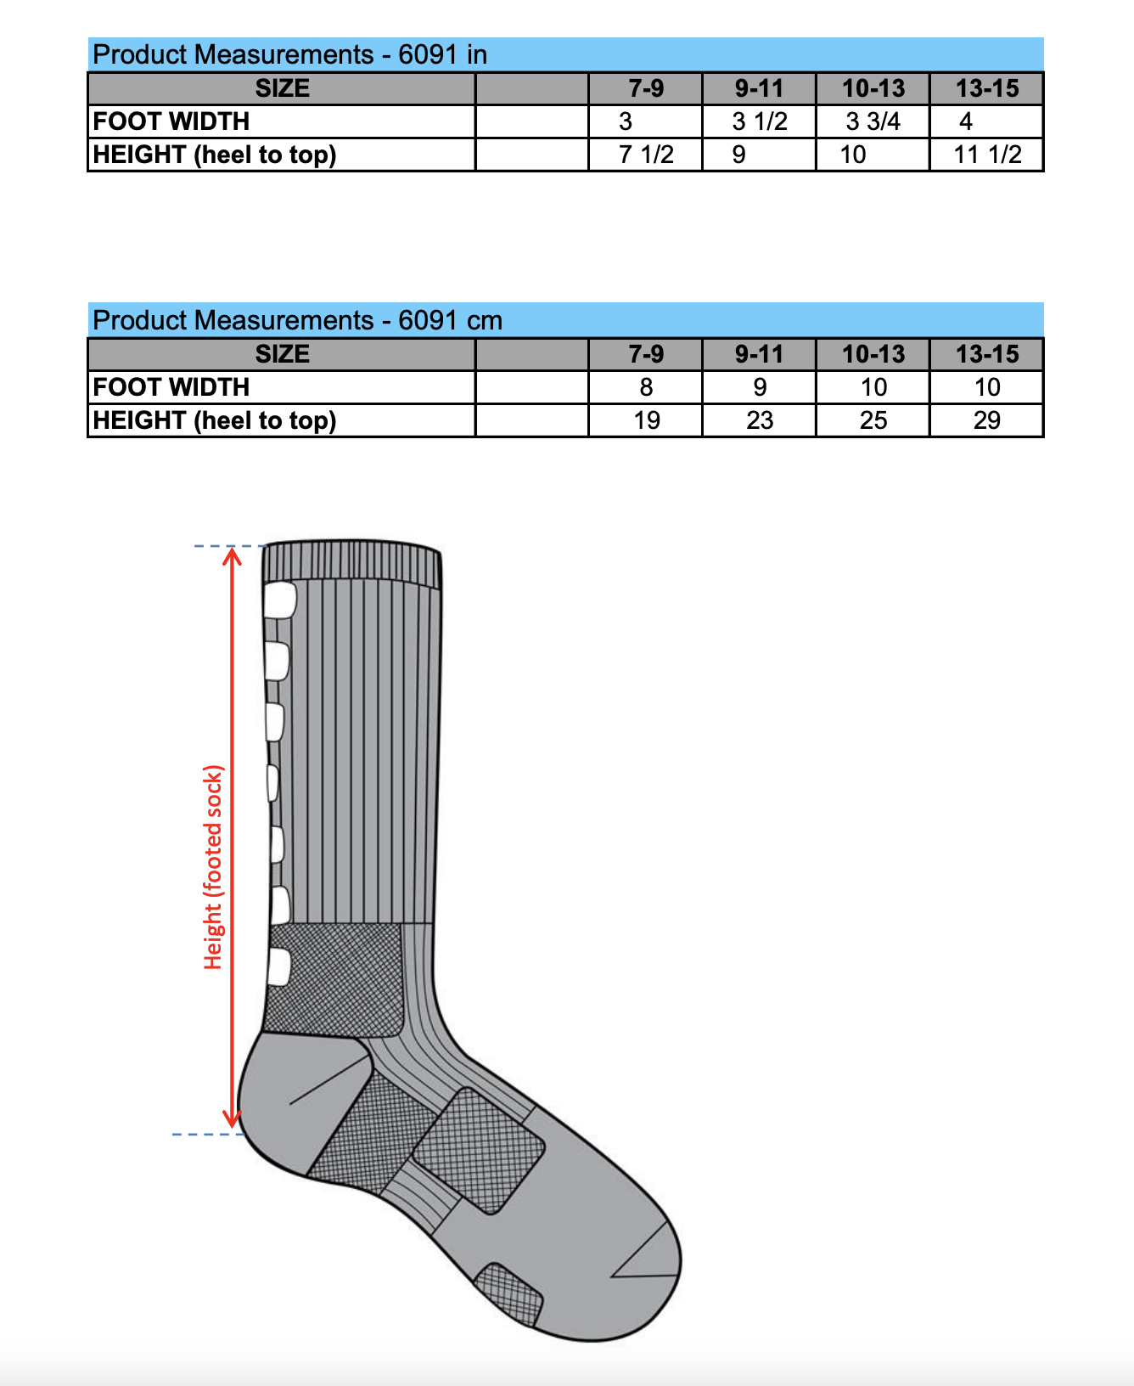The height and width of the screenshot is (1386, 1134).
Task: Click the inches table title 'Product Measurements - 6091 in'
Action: click(289, 54)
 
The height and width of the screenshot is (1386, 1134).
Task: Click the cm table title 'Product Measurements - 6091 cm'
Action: click(297, 320)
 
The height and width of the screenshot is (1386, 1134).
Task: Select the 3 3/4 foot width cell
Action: click(873, 121)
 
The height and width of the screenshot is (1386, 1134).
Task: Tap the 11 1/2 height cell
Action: click(987, 155)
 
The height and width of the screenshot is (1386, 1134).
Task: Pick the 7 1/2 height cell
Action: click(646, 155)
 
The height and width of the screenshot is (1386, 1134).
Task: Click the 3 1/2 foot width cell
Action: click(760, 121)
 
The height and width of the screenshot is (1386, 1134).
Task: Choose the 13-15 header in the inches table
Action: click(987, 88)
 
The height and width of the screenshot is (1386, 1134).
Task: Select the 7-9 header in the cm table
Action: click(646, 354)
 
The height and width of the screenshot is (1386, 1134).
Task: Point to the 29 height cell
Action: click(987, 420)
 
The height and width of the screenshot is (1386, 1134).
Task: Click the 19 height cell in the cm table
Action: click(646, 420)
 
